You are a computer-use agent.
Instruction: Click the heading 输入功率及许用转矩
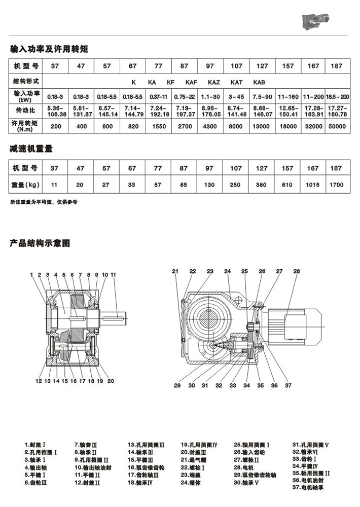coord(49,50)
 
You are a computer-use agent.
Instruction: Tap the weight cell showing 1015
coord(313,185)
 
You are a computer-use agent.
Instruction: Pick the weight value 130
coord(209,185)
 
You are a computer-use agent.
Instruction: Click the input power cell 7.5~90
coord(262,96)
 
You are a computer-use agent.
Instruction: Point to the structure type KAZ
coord(213,82)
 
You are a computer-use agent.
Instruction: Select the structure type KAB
coord(259,82)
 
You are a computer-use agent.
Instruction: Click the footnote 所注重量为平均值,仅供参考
coord(44,202)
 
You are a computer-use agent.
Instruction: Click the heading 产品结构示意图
coord(40,243)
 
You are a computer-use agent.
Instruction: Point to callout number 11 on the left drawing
coord(114,275)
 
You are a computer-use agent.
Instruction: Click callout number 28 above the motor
coord(297,271)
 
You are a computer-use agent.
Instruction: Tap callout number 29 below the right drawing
coord(177,386)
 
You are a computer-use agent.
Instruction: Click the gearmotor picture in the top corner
coord(315,21)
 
